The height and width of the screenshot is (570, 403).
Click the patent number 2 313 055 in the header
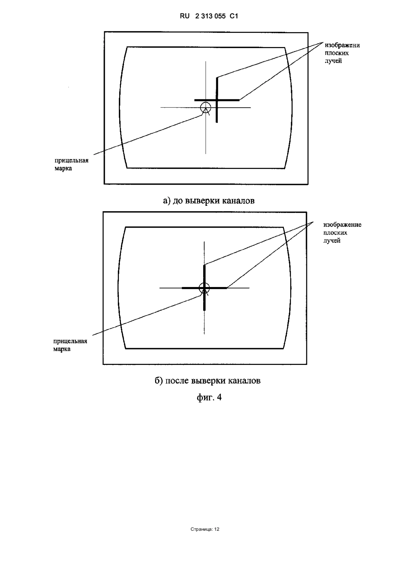coord(210,16)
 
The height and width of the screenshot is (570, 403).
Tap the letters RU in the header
coord(185,16)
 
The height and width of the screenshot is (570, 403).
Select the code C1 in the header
coord(234,16)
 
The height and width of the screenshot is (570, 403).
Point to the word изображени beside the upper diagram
coord(342,45)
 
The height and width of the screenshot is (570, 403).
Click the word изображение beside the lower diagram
coord(343,225)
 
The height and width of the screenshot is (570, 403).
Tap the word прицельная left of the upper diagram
coord(72,161)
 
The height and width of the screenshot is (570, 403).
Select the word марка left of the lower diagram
coord(62,349)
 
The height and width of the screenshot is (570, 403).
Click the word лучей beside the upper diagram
coord(333,61)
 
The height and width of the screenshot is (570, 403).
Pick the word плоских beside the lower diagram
coord(335,233)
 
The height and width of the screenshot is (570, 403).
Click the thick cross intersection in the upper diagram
coord(217,100)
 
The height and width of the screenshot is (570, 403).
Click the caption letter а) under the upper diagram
coord(167,201)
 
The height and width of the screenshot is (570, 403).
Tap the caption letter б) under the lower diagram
coord(159,381)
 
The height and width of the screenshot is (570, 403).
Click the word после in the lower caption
coord(177,381)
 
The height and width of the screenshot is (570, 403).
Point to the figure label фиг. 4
coord(209,397)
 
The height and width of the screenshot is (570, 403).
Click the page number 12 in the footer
coord(217,529)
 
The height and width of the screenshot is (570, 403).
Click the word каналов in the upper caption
coord(238,201)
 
